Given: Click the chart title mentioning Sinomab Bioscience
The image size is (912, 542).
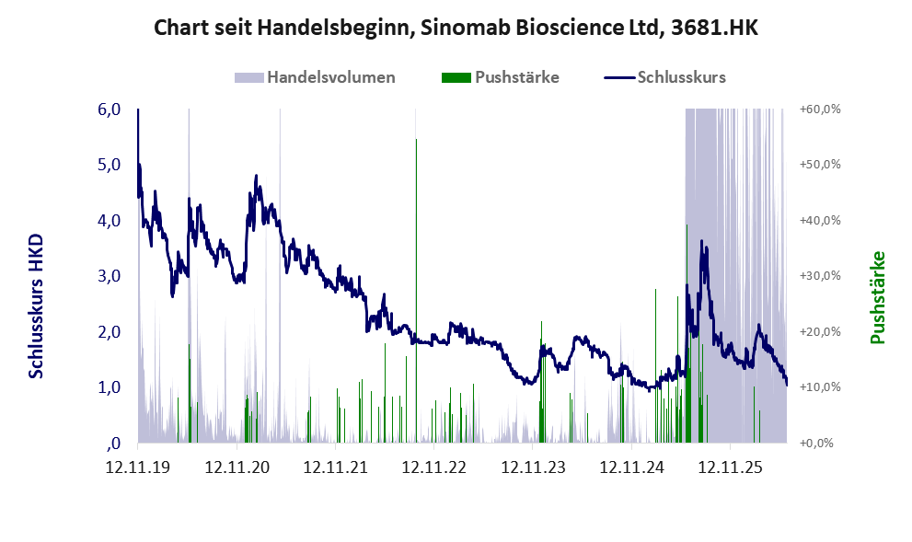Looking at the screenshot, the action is tap(456, 28).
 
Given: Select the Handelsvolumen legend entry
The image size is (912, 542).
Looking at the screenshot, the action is tap(315, 77).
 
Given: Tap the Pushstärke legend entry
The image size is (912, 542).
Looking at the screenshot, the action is tap(501, 77).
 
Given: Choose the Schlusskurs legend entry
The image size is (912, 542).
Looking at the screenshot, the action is tap(664, 77).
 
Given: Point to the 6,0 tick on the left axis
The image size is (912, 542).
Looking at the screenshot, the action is tap(110, 110).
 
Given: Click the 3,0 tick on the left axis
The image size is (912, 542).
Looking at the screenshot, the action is tap(110, 276).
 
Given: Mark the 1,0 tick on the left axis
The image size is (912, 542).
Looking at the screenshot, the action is tap(110, 387).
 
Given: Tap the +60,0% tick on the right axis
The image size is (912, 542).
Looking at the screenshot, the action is tap(820, 110).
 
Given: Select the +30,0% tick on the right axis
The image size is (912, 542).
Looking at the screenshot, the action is tap(820, 276).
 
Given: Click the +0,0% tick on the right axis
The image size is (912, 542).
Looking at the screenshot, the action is tap(816, 444).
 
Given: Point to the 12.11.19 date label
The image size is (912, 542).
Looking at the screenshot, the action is tap(138, 467).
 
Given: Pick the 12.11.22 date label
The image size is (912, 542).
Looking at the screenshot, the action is tap(433, 467).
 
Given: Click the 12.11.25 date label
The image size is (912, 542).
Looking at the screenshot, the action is tap(730, 467).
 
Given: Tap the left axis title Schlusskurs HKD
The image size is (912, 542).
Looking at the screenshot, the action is tap(36, 306).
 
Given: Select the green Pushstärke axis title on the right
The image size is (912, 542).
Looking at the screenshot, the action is tap(877, 297).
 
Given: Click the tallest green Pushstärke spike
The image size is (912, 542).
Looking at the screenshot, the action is tap(417, 291).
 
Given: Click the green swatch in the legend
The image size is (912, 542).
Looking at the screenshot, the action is tap(456, 77).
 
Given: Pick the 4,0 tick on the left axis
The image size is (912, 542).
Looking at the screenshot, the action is tap(110, 221).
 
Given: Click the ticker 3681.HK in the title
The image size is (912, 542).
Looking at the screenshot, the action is tap(715, 28).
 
